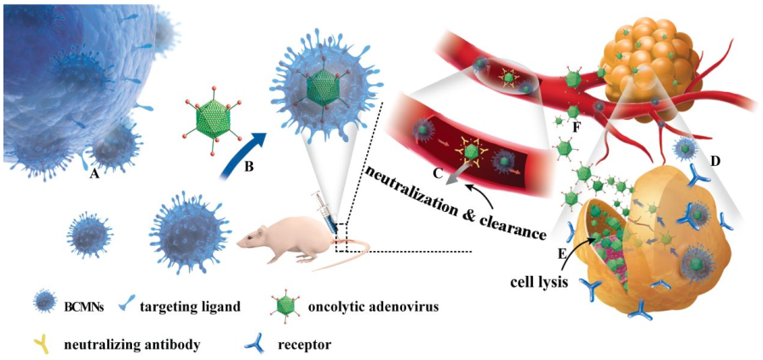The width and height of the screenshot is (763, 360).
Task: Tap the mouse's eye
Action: pos(251,237)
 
